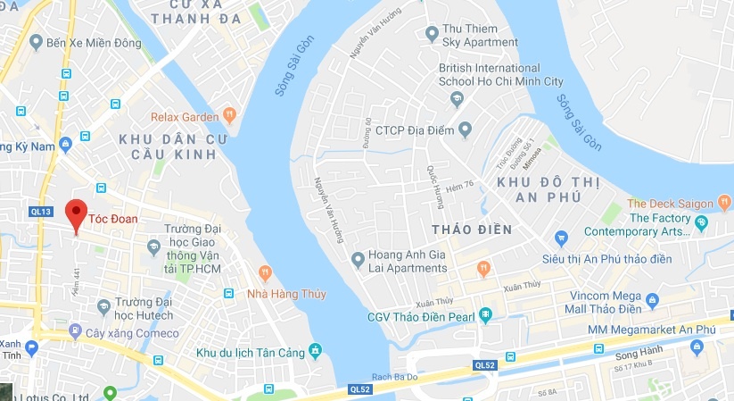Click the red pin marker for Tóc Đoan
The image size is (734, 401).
[76, 214]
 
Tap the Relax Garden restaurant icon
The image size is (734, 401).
[229, 113]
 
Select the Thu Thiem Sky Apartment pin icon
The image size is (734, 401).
[432, 35]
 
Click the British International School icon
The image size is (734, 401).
[458, 98]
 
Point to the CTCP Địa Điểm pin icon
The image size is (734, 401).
[464, 130]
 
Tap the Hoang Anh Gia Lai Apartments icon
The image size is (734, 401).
[358, 260]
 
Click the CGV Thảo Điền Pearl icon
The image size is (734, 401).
[485, 314]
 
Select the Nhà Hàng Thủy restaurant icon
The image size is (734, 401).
[265, 272]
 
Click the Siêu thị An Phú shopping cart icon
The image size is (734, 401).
[561, 238]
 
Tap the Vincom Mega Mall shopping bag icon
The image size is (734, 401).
[652, 301]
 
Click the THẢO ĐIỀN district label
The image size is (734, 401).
[472, 230]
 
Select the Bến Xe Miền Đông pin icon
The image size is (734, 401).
[36, 42]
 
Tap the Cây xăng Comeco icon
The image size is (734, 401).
[75, 330]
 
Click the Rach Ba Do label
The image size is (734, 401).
[385, 375]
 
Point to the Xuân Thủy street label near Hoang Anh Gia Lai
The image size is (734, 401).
[436, 301]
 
